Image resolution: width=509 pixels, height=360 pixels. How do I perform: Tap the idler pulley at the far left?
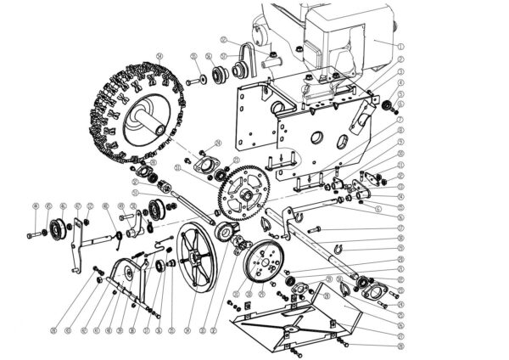point(58,228)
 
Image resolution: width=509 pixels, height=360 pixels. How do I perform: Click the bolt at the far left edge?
point(33,232)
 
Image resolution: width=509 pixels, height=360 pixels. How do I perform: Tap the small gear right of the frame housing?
point(389,104)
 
